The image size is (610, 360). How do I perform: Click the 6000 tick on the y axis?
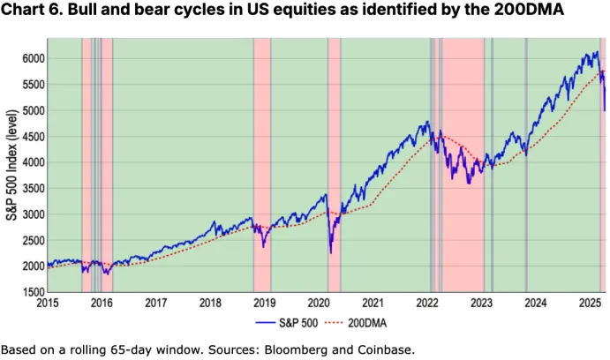click(x=30, y=58)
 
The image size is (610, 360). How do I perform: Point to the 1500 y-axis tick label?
click(x=30, y=292)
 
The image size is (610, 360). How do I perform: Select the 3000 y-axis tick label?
click(x=30, y=214)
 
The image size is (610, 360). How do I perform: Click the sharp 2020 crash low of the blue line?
click(x=330, y=252)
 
